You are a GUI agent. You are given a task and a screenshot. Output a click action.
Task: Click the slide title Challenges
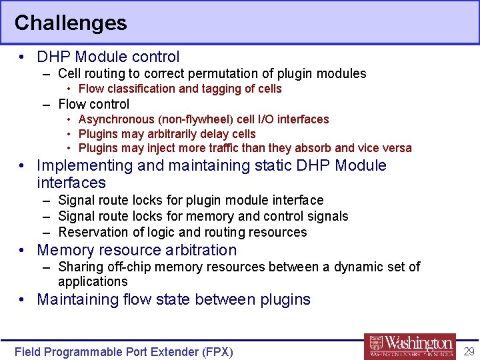(70, 23)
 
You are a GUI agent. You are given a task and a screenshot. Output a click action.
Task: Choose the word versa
(397, 148)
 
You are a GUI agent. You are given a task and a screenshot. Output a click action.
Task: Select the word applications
(93, 281)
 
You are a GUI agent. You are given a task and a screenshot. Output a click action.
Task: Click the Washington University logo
(410, 345)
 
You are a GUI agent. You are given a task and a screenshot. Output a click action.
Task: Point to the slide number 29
(468, 351)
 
